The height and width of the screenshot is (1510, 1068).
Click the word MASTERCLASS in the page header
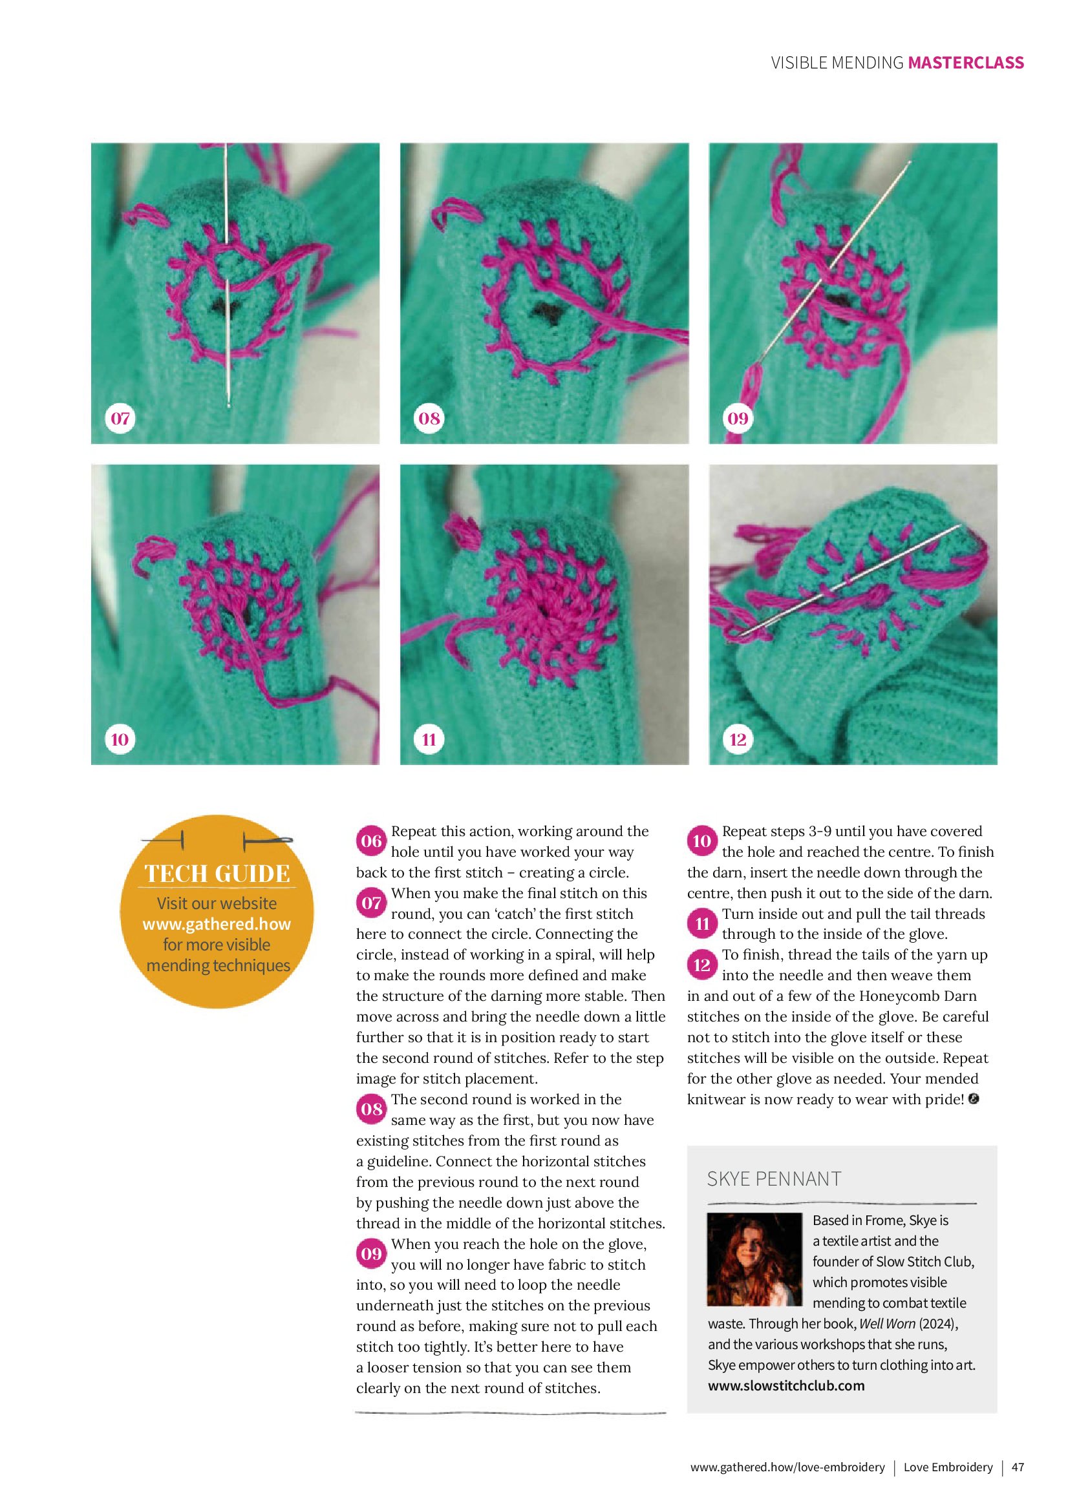pyautogui.click(x=965, y=63)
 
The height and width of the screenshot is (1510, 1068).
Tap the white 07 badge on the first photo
pyautogui.click(x=120, y=418)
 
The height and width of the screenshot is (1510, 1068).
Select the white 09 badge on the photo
pyautogui.click(x=738, y=418)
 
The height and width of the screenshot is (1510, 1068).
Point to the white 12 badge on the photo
pyautogui.click(x=738, y=739)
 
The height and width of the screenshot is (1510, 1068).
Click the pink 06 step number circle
pyautogui.click(x=371, y=841)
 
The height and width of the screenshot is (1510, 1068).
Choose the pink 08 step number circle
pyautogui.click(x=371, y=1109)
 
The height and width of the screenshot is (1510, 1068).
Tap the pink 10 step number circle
pyautogui.click(x=702, y=841)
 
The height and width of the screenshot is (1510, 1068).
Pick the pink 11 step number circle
pyautogui.click(x=702, y=924)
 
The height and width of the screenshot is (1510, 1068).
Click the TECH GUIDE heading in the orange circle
pyautogui.click(x=217, y=874)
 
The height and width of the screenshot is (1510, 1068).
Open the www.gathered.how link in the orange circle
pyautogui.click(x=217, y=924)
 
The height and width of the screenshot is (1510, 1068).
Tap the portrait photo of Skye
pyautogui.click(x=754, y=1259)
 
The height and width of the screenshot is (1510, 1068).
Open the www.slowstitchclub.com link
pyautogui.click(x=785, y=1386)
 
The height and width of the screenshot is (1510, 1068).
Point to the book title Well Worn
pyautogui.click(x=887, y=1323)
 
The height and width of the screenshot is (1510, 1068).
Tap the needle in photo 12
pyautogui.click(x=855, y=579)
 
